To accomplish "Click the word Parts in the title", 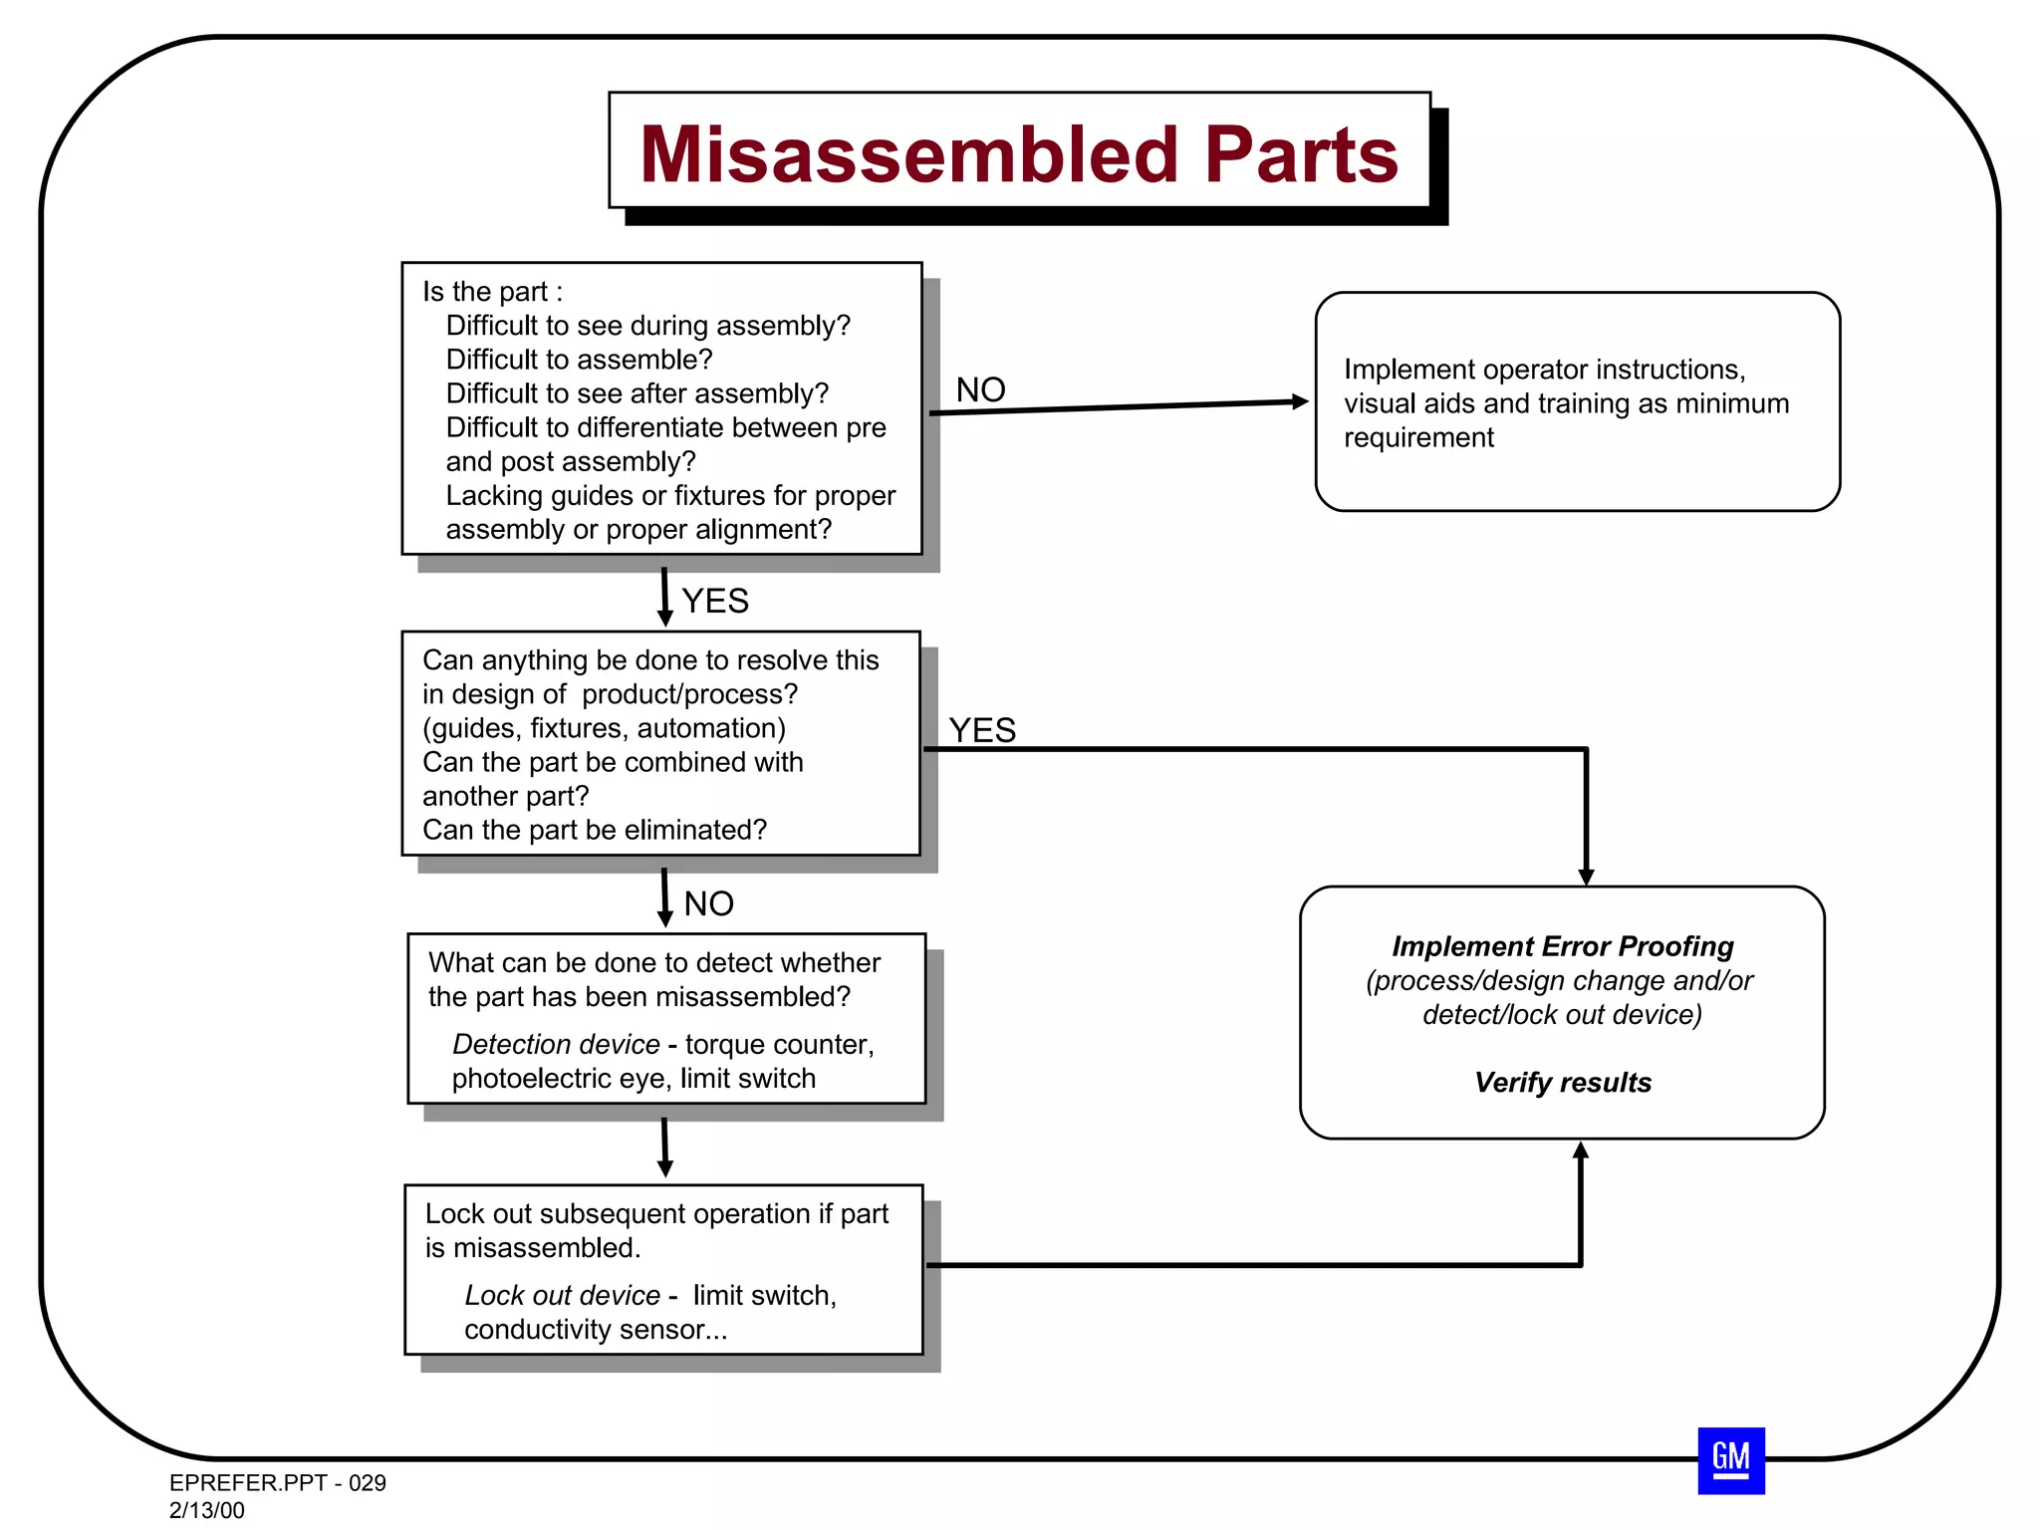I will point(1301,155).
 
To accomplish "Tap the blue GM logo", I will point(1730,1460).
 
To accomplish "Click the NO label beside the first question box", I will point(980,389).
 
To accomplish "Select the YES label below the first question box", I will point(714,601).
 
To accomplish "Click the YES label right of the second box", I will point(981,730).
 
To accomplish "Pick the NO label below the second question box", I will point(708,903).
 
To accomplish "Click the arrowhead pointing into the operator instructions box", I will point(1300,401).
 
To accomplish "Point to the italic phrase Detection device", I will point(556,1044).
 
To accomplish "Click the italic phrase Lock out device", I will point(562,1295).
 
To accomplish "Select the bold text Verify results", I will point(1562,1083).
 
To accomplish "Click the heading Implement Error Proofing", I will point(1562,946).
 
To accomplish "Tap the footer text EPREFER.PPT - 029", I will point(277,1482).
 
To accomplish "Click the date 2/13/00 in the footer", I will point(206,1510).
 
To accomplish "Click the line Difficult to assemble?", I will point(579,360).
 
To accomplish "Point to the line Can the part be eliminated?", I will point(594,830).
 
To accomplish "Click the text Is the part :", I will point(492,292).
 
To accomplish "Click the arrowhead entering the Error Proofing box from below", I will point(1580,1150).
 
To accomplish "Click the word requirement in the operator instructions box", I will point(1418,437).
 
